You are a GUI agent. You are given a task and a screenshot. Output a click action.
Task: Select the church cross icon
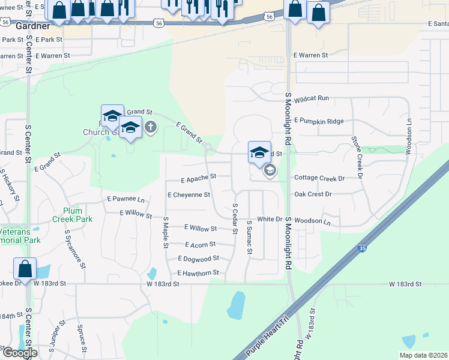tap(150, 127)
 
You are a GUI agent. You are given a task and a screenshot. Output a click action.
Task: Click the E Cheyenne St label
tap(188, 195)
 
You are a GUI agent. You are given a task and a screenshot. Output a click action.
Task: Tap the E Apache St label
tap(197, 179)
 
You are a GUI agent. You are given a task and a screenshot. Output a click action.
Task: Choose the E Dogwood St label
tap(198, 259)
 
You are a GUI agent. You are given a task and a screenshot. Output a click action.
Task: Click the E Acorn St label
tap(200, 245)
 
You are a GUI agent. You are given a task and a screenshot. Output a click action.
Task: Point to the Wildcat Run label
tap(312, 98)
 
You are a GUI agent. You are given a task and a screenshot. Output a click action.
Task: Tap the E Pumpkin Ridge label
tap(319, 121)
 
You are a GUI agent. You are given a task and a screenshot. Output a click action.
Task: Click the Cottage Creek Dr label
tap(319, 178)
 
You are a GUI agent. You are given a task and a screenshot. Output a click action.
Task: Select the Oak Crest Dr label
tap(313, 194)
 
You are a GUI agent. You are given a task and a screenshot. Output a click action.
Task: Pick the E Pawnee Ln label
tap(125, 199)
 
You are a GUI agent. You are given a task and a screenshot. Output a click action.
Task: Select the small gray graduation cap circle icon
tap(270, 171)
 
